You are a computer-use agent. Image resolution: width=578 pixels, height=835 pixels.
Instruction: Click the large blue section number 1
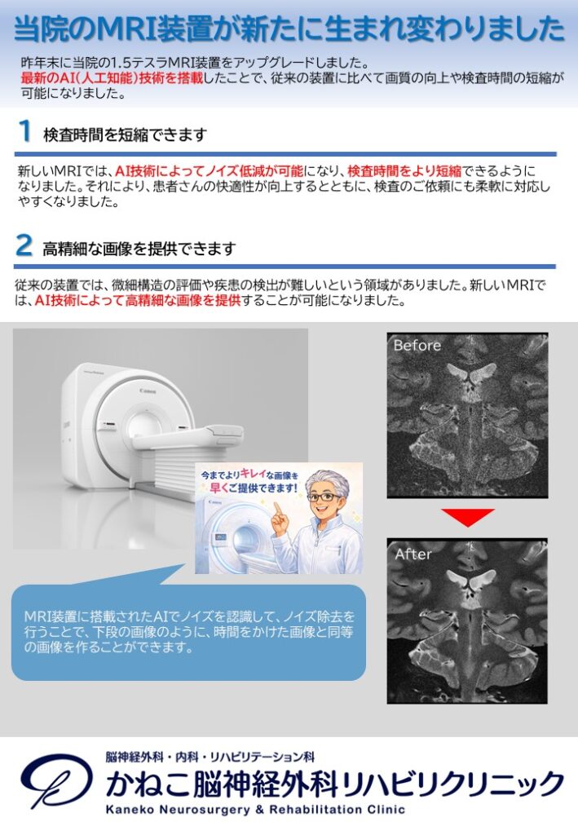point(25,131)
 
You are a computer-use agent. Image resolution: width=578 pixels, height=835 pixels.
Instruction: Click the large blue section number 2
point(24,245)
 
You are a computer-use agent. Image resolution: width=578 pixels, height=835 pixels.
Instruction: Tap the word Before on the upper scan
point(417,345)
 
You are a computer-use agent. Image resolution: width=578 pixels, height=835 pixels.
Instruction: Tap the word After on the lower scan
point(413,554)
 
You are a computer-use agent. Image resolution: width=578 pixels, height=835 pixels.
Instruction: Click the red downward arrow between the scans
point(467,517)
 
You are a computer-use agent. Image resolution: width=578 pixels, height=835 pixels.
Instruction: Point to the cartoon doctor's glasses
point(324,497)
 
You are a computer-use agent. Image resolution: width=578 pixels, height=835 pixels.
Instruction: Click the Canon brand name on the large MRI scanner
point(148,391)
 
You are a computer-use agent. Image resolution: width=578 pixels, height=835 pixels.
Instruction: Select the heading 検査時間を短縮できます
point(125,135)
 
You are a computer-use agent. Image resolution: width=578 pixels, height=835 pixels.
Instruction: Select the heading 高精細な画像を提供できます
point(139,249)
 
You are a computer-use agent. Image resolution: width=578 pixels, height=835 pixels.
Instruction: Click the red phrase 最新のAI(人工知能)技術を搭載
point(112,77)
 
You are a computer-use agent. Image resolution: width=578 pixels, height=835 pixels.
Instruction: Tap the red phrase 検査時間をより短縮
point(404,171)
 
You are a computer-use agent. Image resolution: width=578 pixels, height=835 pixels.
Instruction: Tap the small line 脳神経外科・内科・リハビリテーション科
point(210,757)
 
